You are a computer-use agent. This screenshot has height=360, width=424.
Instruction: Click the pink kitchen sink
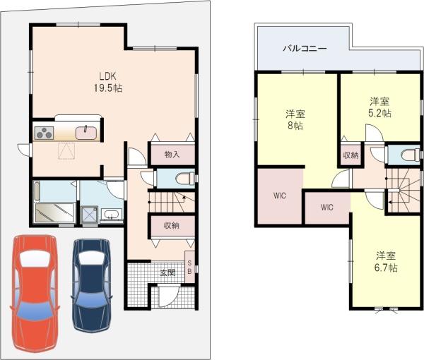coord(86,132)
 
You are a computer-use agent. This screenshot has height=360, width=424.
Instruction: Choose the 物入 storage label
coord(172,154)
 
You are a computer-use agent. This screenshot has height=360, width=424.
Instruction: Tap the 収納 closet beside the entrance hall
coord(172,226)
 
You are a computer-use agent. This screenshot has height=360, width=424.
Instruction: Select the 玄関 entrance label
coord(167,272)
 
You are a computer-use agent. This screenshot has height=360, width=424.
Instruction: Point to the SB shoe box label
coord(189,268)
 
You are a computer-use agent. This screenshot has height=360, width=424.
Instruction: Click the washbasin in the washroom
coord(111,215)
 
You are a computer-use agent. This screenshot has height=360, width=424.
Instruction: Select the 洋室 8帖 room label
coord(294,119)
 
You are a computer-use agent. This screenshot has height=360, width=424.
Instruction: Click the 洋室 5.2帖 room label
coord(379,107)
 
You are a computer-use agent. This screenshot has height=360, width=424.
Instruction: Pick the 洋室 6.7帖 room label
coord(385,261)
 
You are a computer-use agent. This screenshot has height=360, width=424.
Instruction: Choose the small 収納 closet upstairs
coord(351,155)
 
